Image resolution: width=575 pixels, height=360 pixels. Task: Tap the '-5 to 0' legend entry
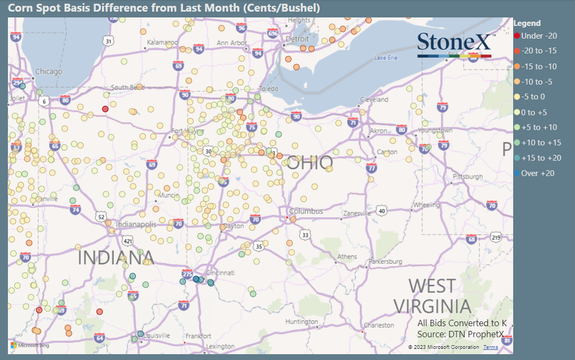[x=534, y=97]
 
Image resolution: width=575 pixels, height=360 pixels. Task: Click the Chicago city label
[x=49, y=71]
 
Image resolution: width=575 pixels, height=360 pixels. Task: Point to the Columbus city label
[x=306, y=211]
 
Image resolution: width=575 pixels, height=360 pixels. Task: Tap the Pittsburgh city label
[x=468, y=177]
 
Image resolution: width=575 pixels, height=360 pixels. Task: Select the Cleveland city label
[x=374, y=99]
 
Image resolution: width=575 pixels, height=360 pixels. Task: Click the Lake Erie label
[x=385, y=57]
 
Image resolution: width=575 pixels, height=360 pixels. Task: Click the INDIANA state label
[x=116, y=258]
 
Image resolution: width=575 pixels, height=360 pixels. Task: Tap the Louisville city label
[x=157, y=336]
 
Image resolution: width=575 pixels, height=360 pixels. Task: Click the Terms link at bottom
[x=490, y=347]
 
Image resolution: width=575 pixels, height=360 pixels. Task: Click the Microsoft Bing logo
[x=30, y=346]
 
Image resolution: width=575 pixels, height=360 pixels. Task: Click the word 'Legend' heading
[x=527, y=23]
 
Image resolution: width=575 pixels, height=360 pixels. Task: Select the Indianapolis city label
[x=136, y=225]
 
